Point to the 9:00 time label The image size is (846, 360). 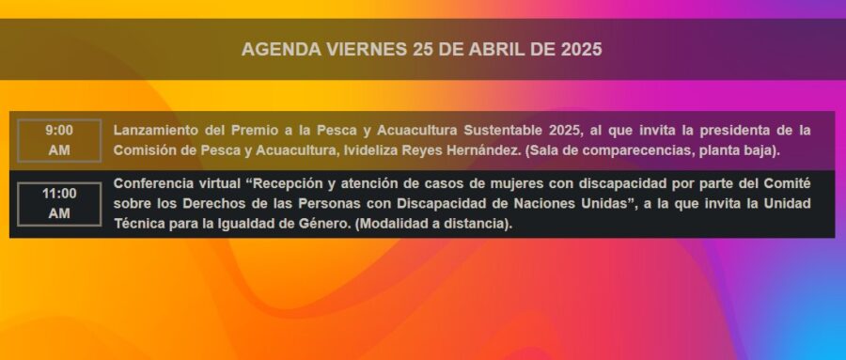(59, 130)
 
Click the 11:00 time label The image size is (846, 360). (59, 194)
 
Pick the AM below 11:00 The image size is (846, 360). (59, 213)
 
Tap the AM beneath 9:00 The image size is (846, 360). (59, 150)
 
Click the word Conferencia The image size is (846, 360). (150, 183)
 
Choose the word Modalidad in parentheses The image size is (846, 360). (391, 224)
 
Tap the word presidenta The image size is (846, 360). (746, 131)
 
